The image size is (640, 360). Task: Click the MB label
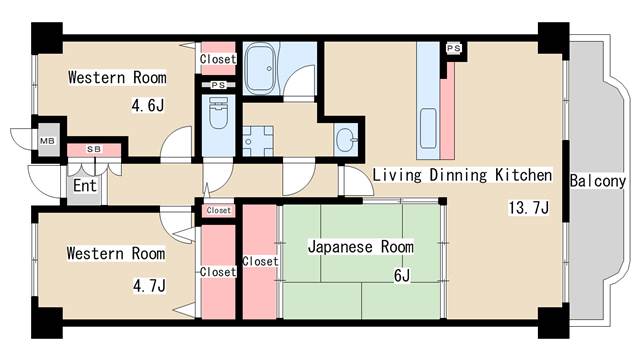[47, 140]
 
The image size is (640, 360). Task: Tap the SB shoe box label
[94, 149]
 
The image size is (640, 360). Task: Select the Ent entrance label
[83, 185]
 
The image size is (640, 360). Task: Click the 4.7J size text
[148, 285]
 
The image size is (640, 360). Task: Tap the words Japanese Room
[360, 246]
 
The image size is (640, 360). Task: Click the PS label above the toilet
[219, 86]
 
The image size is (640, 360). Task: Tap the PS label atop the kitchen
[454, 48]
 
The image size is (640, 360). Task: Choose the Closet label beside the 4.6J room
[218, 59]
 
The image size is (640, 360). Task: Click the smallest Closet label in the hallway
[218, 211]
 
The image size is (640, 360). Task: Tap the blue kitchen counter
[429, 110]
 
